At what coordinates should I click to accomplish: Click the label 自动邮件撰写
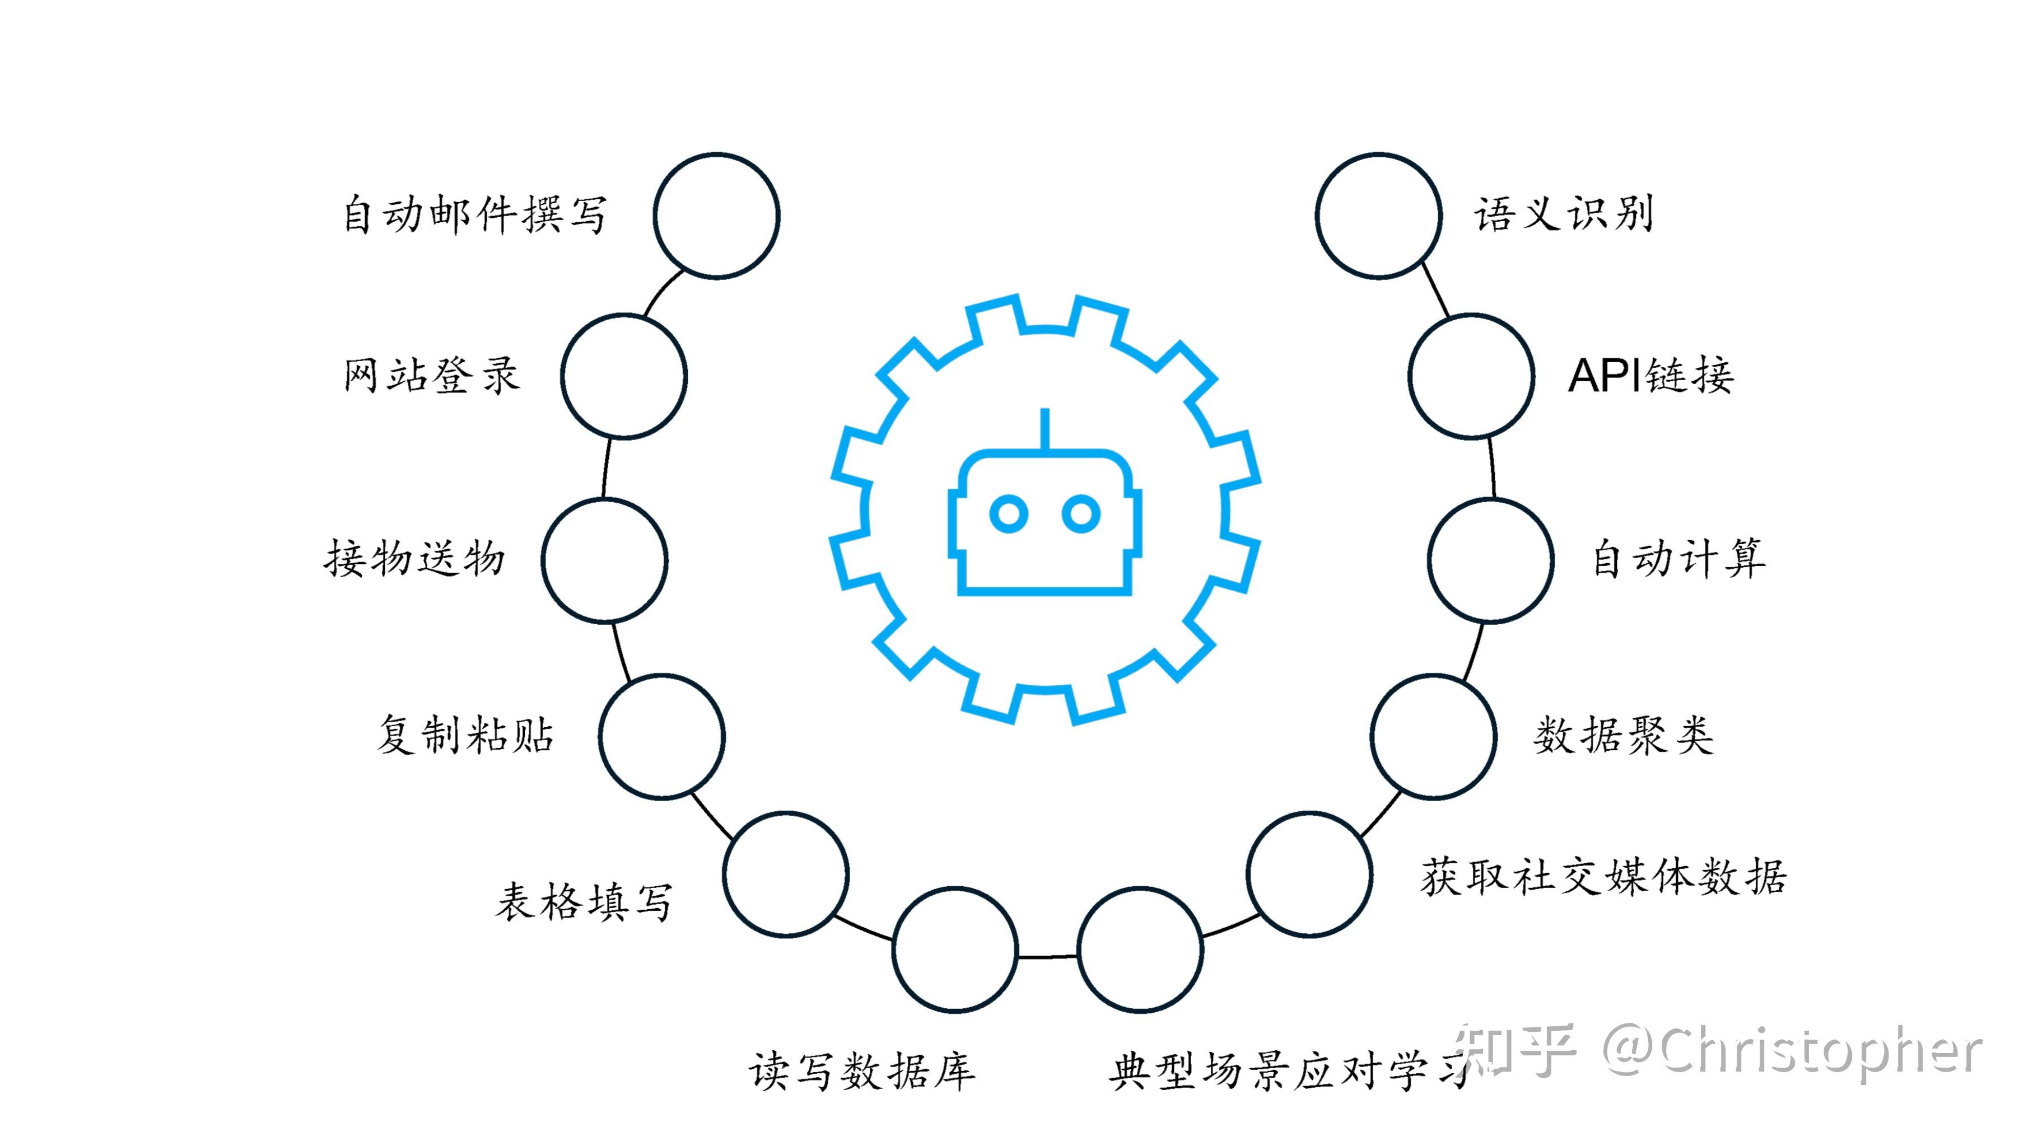475,214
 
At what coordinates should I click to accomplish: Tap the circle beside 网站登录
623,376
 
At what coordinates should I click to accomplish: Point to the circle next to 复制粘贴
661,736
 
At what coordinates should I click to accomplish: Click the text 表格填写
584,901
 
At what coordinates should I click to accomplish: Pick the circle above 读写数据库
955,950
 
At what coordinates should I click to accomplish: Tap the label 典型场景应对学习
1286,1072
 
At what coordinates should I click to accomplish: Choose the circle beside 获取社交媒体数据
1309,875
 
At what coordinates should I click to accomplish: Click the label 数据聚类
1624,736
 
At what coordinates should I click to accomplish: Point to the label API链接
1650,376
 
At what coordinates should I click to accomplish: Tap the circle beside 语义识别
1378,216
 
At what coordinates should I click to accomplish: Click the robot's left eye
1009,514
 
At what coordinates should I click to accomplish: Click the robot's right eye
1080,514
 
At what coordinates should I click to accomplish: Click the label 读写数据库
862,1072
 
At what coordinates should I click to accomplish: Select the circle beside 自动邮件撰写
716,216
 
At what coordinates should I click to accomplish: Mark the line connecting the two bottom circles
1047,956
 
